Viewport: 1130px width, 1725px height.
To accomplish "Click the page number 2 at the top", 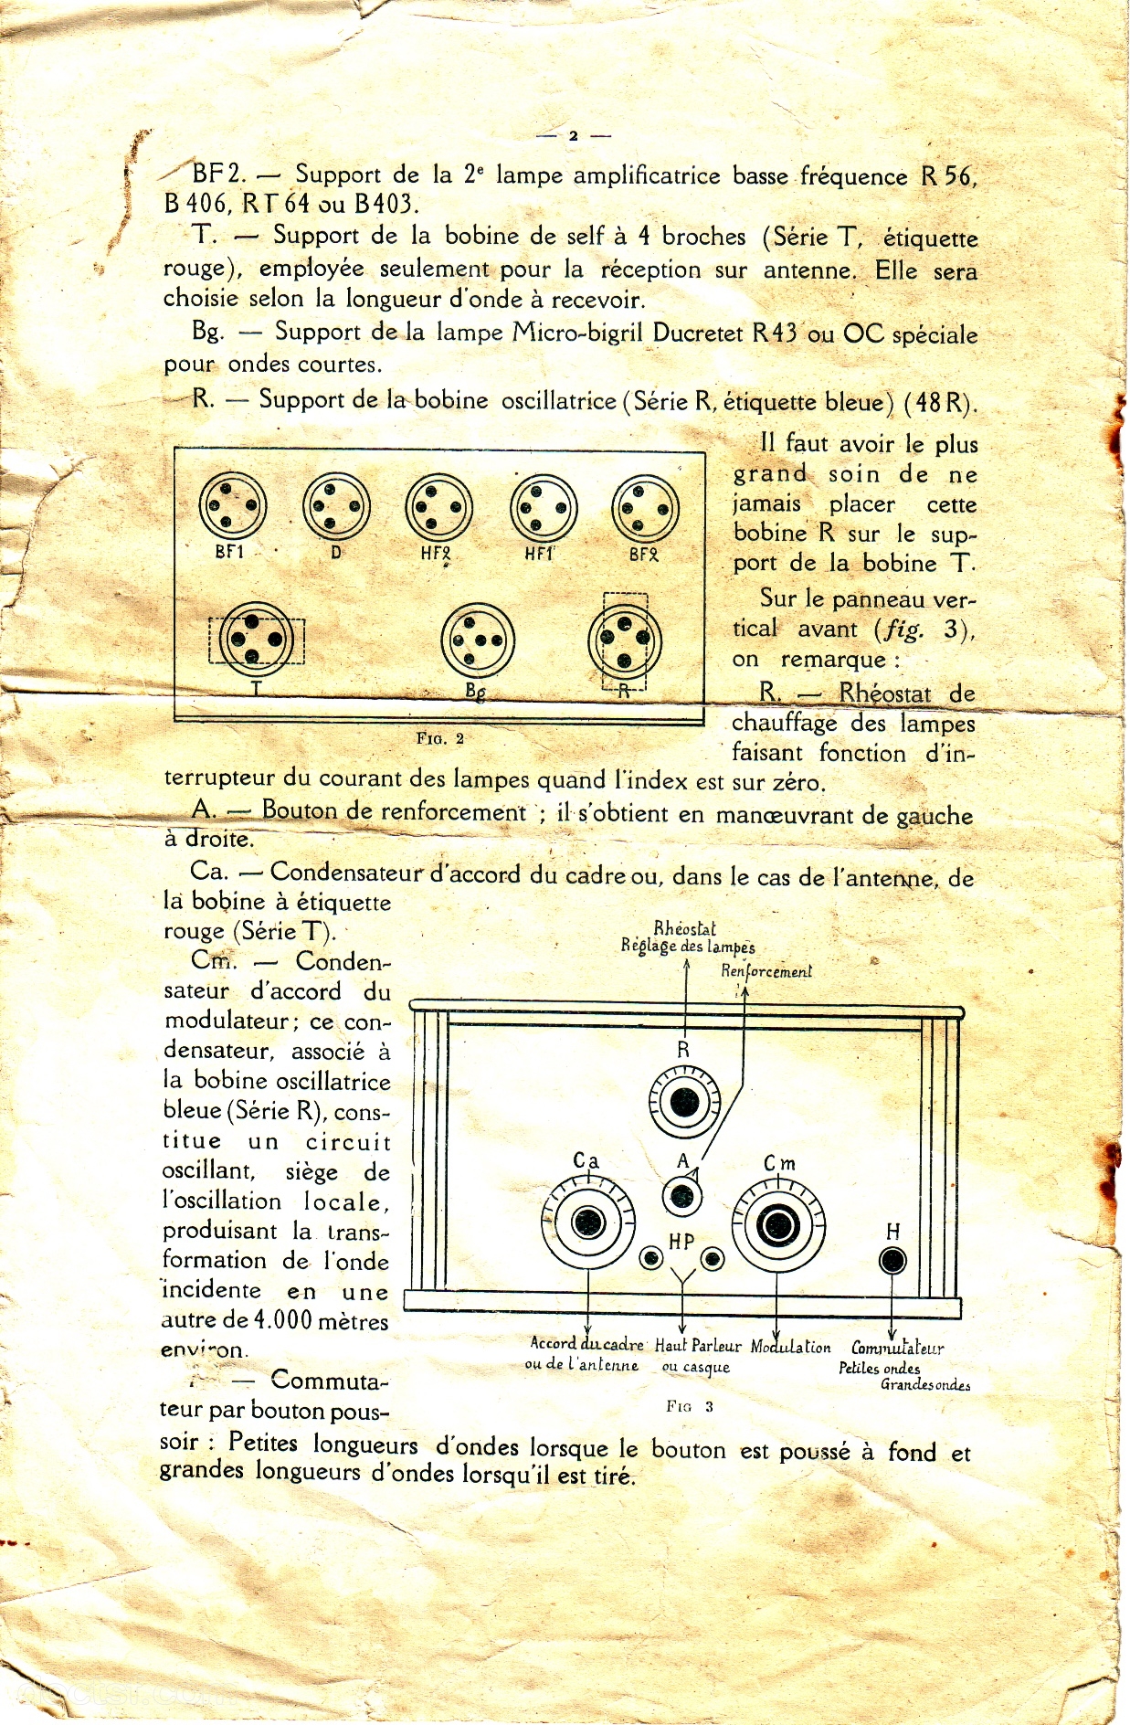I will (x=573, y=135).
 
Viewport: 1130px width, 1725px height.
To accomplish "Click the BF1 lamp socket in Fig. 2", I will (x=233, y=506).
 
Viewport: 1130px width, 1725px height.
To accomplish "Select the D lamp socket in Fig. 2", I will (x=336, y=506).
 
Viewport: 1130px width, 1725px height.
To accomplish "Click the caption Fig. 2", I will (x=440, y=738).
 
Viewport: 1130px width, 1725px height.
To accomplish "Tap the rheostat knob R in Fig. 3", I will (x=684, y=1103).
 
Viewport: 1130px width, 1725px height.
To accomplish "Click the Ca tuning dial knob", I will (x=587, y=1222).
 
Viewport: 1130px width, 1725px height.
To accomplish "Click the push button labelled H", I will (x=892, y=1261).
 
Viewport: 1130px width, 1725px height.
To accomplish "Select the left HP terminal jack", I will (x=651, y=1259).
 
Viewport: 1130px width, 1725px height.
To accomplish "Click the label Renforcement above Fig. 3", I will (x=766, y=971).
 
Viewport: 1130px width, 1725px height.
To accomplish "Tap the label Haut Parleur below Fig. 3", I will (x=698, y=1346).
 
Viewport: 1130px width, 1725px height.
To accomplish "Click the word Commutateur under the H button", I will (x=897, y=1348).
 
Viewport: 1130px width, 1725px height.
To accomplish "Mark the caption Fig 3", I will (x=690, y=1406).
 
